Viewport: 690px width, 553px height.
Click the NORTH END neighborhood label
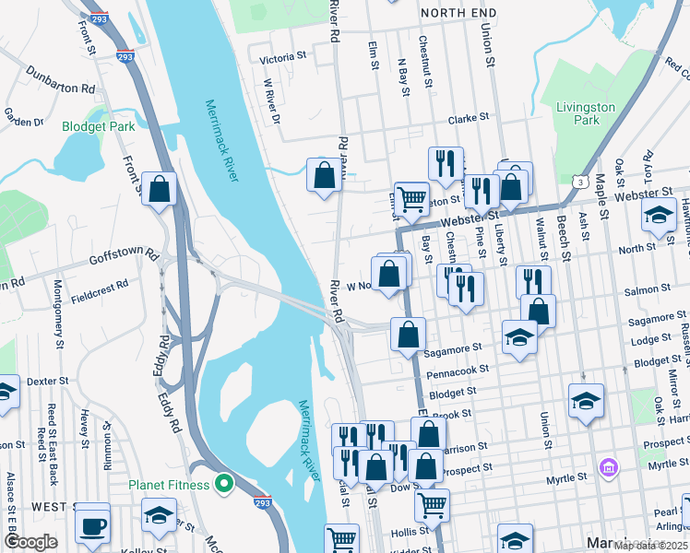[458, 13]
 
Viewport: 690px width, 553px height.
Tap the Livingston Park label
[585, 113]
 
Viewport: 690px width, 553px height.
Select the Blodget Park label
[99, 126]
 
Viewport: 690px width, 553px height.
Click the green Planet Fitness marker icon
[222, 482]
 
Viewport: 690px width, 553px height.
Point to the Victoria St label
[282, 57]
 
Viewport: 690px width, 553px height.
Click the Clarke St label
[468, 120]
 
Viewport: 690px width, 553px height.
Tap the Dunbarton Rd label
[61, 80]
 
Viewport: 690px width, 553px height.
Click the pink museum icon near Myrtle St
[607, 468]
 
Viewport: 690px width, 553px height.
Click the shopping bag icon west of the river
[160, 189]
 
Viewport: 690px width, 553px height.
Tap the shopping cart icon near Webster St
[412, 197]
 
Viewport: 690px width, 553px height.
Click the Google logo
[30, 542]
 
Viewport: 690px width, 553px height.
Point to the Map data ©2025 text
[651, 546]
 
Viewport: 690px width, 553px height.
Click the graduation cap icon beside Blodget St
[587, 401]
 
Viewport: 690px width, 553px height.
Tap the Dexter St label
[48, 381]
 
